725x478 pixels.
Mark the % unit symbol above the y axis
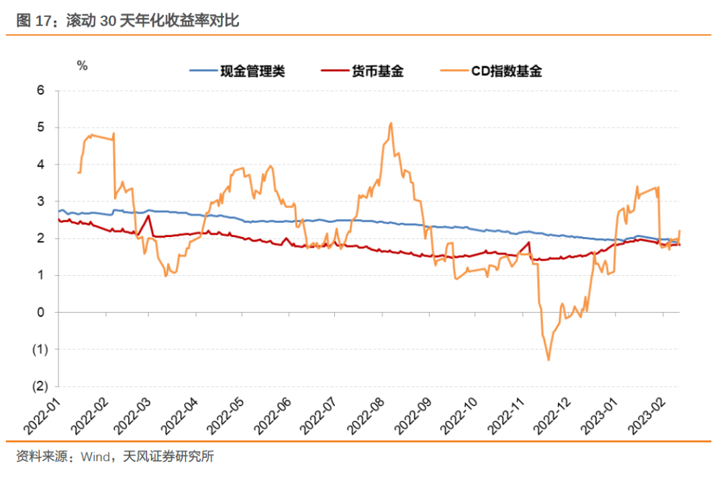click(82, 65)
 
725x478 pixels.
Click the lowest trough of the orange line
click(548, 360)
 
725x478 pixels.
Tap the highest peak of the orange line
click(391, 123)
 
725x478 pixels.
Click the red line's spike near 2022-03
click(148, 216)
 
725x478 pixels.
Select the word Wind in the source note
click(95, 457)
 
